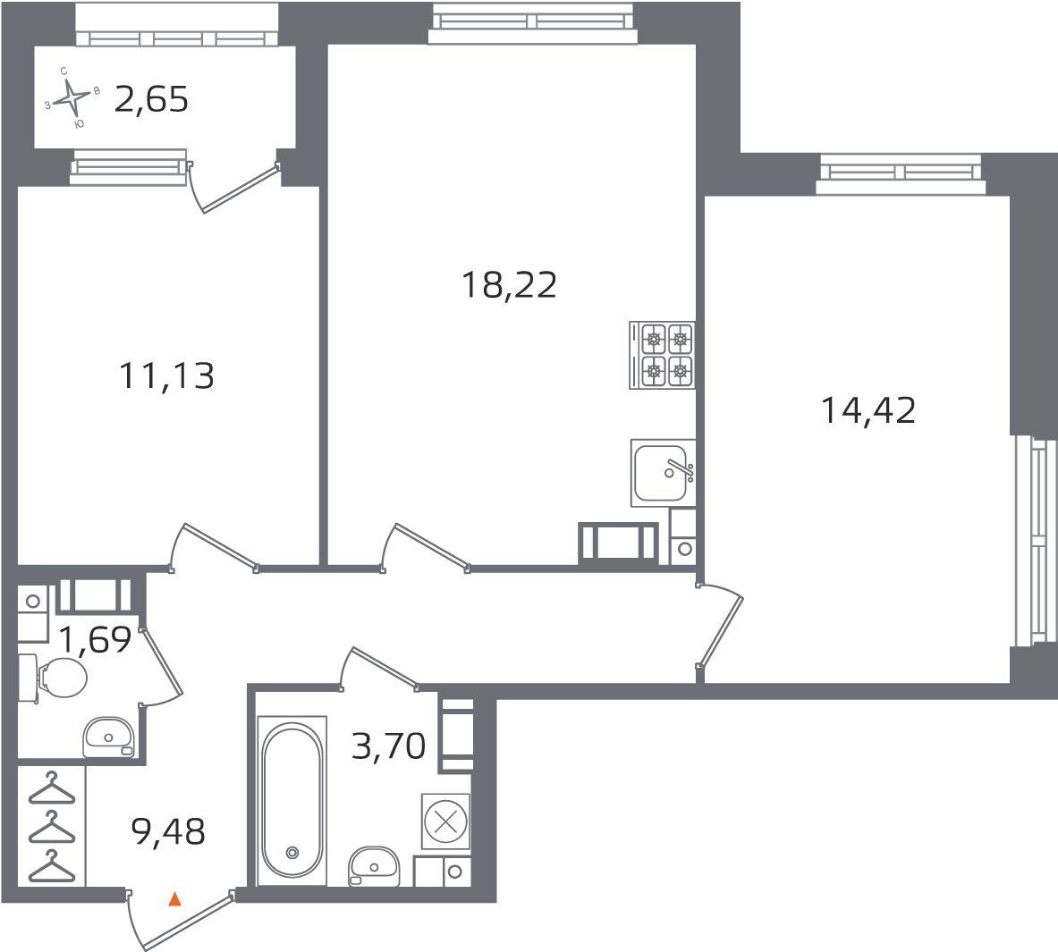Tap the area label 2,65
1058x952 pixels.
click(x=151, y=100)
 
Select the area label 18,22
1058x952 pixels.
click(x=510, y=284)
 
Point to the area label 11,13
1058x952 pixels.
click(x=166, y=375)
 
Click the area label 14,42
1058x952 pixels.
click(x=868, y=410)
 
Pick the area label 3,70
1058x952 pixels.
click(x=389, y=746)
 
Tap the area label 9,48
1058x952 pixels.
click(x=168, y=831)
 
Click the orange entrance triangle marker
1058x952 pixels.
click(x=174, y=898)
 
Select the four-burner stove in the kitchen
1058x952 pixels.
click(x=662, y=355)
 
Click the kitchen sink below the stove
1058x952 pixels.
click(x=663, y=473)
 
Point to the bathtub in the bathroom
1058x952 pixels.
click(x=292, y=800)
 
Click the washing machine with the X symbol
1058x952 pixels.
click(x=445, y=821)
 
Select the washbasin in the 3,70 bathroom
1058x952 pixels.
click(x=374, y=866)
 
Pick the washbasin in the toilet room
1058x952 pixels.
click(x=108, y=737)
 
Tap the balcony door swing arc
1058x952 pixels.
click(x=194, y=189)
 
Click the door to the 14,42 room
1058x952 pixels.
click(x=721, y=625)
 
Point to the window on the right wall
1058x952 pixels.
click(x=1034, y=541)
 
